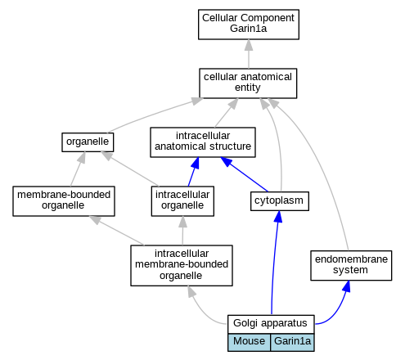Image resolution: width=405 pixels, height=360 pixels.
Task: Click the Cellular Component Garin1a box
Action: [249, 25]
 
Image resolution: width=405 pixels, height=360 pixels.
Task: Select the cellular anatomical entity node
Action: [248, 83]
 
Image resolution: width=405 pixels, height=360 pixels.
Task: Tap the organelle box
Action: [88, 142]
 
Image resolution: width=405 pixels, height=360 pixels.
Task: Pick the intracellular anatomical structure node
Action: [203, 142]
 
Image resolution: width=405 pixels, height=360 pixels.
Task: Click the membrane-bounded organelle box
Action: [64, 201]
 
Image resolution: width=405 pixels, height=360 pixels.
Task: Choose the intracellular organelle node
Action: [182, 201]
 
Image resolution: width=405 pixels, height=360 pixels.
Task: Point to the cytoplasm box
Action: [280, 201]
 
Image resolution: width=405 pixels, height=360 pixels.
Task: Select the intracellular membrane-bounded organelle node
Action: [182, 265]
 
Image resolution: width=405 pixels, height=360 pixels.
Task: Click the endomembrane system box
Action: [351, 265]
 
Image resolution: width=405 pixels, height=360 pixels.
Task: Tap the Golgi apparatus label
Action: [271, 323]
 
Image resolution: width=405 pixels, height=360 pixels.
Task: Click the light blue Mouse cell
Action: [249, 342]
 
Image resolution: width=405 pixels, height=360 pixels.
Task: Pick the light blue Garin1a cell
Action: [292, 342]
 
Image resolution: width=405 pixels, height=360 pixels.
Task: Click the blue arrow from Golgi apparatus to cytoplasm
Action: [273, 262]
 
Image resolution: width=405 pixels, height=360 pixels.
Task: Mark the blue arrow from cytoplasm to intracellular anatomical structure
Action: [244, 174]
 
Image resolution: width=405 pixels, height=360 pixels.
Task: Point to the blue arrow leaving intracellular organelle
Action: [193, 172]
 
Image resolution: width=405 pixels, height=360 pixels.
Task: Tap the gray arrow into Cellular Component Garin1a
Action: [249, 54]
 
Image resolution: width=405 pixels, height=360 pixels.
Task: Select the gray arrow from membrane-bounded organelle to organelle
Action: [78, 169]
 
